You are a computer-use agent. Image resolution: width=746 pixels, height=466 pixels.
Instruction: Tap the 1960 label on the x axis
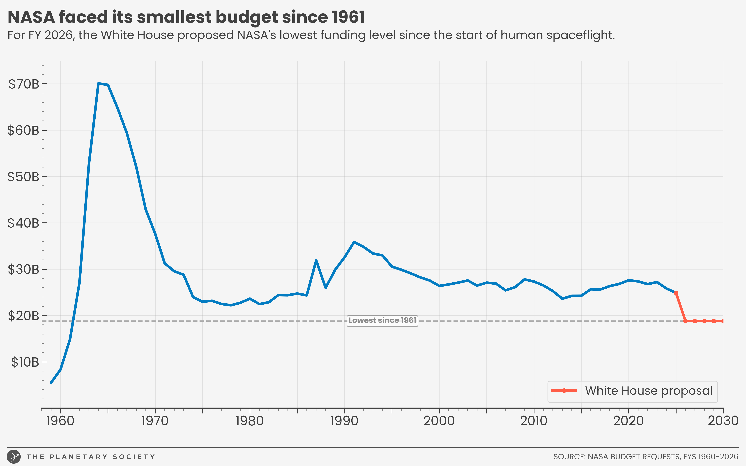tap(60, 421)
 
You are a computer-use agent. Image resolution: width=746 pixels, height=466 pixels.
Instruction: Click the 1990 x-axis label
tap(344, 421)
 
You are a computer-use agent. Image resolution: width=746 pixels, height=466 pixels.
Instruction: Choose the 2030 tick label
tap(723, 421)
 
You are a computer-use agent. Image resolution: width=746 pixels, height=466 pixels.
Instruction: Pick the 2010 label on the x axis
tap(534, 421)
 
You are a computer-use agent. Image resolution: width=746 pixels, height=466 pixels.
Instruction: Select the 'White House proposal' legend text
tap(649, 391)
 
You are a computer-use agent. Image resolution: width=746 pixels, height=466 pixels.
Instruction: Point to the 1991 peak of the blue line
tap(354, 242)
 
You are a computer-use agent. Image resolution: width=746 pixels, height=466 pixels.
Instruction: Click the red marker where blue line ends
tap(676, 293)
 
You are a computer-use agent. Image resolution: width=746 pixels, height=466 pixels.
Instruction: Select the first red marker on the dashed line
tap(685, 321)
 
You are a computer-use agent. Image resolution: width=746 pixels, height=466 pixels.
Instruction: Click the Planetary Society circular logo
tap(14, 456)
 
